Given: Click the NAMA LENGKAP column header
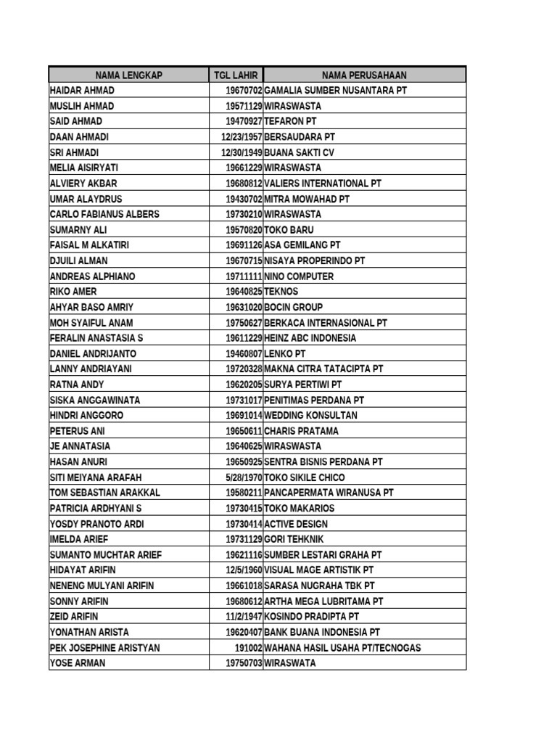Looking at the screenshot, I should [128, 75].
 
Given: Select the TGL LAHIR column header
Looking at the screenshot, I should [236, 75].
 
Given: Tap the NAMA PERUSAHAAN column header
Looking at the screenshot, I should [364, 75].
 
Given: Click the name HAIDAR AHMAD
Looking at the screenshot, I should [82, 90].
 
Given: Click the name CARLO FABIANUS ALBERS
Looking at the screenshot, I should [104, 214].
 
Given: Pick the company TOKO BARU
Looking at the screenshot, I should [289, 230].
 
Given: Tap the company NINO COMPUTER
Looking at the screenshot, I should [299, 276].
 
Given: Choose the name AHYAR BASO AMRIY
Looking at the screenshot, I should [92, 307].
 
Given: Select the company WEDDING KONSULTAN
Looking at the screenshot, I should [311, 415].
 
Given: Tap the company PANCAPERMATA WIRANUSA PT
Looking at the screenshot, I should [329, 493].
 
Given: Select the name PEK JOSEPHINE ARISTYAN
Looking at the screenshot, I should [104, 647].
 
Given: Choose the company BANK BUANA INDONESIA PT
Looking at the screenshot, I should [322, 632].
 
